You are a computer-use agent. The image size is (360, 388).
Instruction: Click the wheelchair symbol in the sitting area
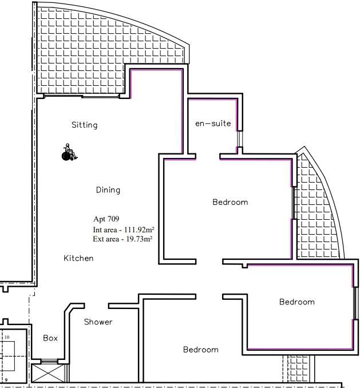69,152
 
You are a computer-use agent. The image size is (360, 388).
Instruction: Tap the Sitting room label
84,125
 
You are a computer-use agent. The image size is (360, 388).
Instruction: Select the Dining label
108,190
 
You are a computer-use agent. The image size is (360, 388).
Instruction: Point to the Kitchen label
78,258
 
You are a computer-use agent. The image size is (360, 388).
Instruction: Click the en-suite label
213,124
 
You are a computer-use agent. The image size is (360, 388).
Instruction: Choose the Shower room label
98,322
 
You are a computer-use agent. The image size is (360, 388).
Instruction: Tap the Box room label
50,338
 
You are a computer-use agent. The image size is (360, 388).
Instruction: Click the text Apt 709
106,219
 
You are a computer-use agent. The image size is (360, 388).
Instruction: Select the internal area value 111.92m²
139,229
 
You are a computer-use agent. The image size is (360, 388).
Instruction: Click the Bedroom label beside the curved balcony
230,202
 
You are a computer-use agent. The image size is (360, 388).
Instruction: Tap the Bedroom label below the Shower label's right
201,350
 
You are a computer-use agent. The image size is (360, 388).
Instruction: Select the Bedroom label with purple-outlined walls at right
297,302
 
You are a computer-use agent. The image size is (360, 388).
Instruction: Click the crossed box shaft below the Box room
48,373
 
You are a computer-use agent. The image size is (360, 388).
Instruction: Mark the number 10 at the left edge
7,337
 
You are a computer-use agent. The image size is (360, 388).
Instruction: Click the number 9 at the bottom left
6,380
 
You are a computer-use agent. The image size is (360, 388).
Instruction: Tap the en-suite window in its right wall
240,139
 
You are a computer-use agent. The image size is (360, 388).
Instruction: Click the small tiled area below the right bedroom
298,369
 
